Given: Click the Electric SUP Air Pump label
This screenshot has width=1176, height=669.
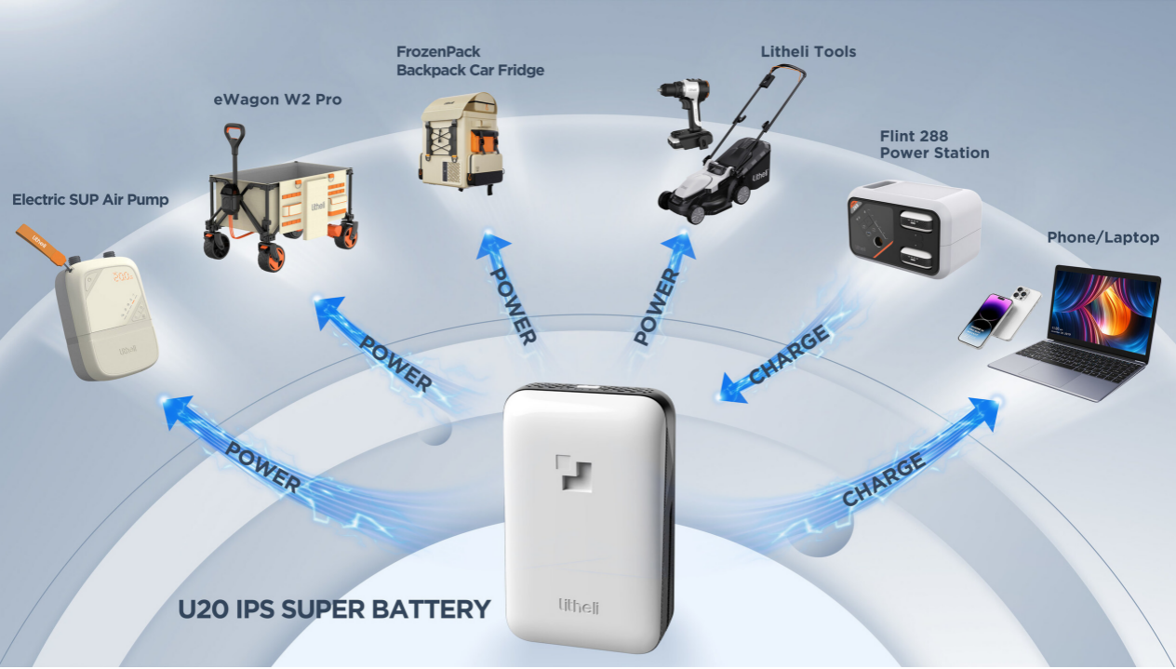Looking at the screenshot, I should click(90, 199).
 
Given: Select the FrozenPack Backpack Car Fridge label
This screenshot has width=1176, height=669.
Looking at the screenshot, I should click(470, 61).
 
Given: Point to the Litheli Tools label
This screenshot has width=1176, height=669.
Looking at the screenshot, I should click(808, 52).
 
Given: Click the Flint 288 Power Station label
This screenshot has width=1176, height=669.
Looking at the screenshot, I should click(934, 144).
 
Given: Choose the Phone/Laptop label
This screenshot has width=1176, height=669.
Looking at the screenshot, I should click(1102, 237).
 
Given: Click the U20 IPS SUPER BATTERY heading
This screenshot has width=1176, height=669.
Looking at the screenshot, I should click(334, 609).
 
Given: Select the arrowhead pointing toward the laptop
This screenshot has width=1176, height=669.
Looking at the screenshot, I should click(985, 410).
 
